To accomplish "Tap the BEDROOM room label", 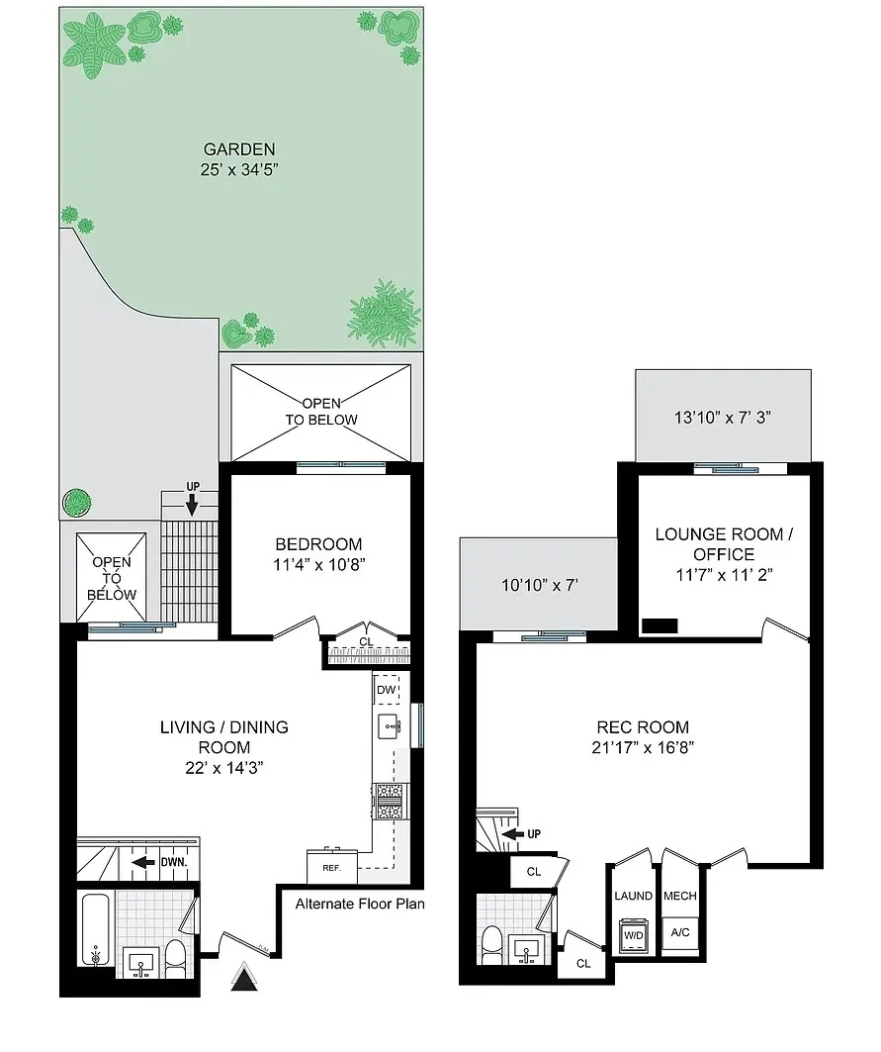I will (318, 544).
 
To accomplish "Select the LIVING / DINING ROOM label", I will (224, 737).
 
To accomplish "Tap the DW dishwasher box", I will (386, 689).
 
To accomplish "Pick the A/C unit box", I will (680, 932).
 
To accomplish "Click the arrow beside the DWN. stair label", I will (145, 861).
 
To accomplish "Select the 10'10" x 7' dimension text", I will (540, 585).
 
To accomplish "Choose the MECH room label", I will (680, 896).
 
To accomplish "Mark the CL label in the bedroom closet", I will (366, 641).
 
